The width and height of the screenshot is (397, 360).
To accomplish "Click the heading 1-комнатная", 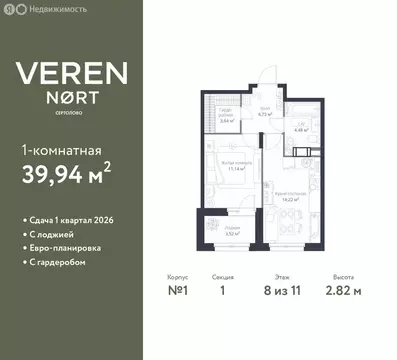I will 61,151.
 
